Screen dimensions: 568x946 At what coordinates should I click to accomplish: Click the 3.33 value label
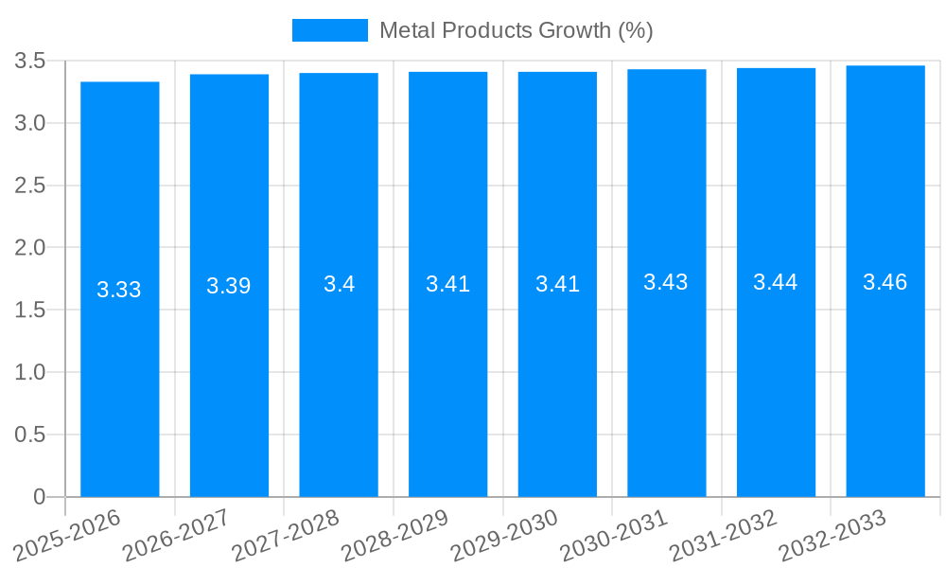coord(119,290)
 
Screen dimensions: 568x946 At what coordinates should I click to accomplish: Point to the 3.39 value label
coord(229,286)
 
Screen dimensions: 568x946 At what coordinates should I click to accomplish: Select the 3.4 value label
coord(339,283)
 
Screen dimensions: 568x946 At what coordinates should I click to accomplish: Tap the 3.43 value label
coord(666,282)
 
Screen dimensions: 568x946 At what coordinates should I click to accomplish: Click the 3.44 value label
coord(776,281)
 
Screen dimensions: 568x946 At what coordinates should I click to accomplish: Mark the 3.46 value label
coord(885,281)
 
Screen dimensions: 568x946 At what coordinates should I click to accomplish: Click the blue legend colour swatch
coord(329,30)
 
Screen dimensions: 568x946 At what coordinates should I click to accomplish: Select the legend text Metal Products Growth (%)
coord(516,30)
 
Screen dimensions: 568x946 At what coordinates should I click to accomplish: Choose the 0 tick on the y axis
coord(39,497)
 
